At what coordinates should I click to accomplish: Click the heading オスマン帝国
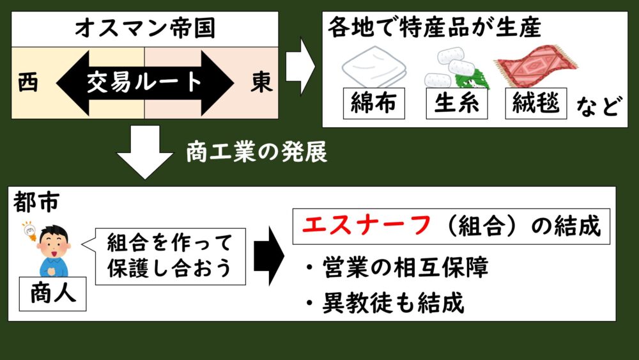144,28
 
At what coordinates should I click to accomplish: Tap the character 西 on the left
28,83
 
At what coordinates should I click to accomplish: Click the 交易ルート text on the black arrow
146,83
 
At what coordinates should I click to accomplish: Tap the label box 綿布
374,103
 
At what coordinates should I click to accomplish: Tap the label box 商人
53,294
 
